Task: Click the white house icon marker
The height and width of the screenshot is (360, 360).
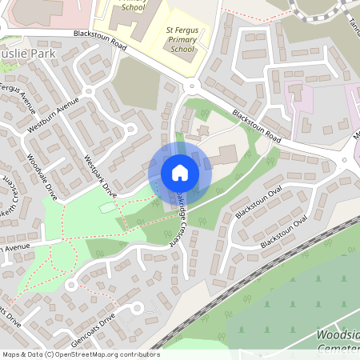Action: (x=179, y=173)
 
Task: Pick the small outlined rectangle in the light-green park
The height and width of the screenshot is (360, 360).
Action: (x=107, y=208)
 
